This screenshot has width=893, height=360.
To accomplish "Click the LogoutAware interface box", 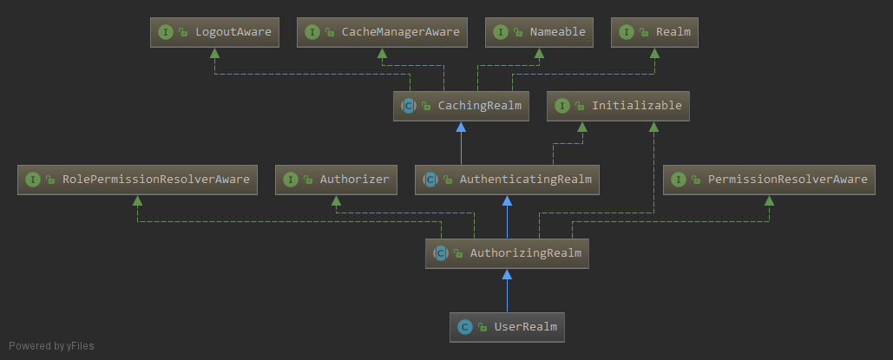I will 214,32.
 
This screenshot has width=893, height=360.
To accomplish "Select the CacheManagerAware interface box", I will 382,32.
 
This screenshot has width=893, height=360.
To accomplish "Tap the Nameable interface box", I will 539,32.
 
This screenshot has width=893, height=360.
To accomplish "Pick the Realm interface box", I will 655,32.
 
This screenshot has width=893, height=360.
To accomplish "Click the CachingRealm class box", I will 462,106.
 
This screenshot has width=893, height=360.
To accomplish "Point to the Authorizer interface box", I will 337,180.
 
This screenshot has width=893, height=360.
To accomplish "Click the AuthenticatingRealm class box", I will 507,180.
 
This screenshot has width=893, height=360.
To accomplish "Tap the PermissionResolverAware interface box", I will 770,180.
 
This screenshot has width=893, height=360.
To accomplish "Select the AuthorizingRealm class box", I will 507,253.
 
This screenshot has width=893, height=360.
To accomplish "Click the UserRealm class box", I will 507,327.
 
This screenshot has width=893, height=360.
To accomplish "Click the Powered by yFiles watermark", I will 51,346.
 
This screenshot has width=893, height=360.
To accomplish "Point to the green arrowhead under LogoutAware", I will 214,52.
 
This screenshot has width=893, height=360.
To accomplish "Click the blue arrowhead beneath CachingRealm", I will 462,126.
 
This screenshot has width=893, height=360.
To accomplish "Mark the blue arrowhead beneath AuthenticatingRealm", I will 507,200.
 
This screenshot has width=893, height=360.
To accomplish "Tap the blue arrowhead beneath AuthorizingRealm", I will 507,273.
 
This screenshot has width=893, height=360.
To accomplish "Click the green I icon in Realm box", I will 627,32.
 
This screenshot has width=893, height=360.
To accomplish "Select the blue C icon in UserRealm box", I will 465,327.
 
